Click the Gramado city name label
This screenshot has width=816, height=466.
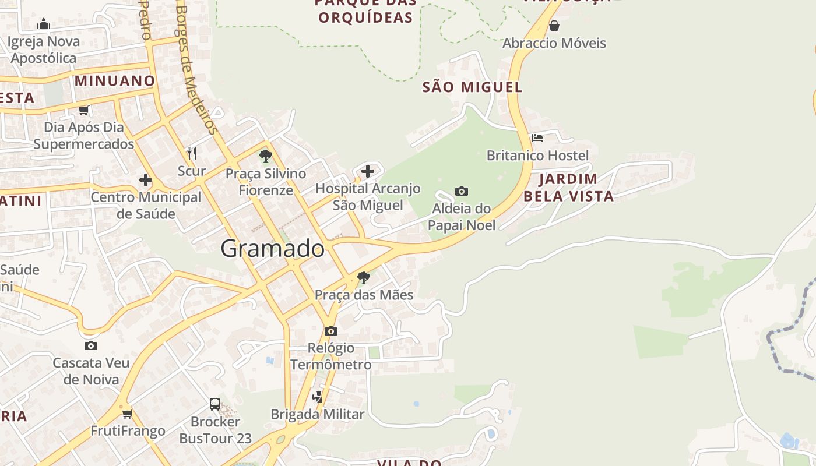coord(272,249)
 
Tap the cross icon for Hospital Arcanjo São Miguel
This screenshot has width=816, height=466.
coord(368,171)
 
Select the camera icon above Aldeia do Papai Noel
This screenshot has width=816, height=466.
coord(462,191)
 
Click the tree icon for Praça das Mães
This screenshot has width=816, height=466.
coord(364,278)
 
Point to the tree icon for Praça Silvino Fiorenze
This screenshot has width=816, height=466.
coord(266,156)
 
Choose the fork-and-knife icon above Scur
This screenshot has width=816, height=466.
coord(192,153)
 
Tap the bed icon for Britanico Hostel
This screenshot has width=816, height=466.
coord(537,138)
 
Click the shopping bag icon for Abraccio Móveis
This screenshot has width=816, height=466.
coord(554,26)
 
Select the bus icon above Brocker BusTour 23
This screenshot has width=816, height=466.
coord(215,404)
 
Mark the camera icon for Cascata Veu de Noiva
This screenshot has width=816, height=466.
coord(91,345)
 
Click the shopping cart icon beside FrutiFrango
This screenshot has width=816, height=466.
coord(128,414)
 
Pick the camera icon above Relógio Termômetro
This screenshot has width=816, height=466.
coord(331,331)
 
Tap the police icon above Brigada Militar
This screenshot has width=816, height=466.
coord(318,397)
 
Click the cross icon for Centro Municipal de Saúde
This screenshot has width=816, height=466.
coord(146,180)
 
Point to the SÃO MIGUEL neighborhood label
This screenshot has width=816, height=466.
coord(472,87)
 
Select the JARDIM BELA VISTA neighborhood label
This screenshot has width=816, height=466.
coord(568,188)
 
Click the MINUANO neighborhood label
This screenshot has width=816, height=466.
coord(115,81)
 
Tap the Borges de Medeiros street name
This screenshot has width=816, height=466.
coord(196,70)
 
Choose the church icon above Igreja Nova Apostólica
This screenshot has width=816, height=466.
coord(44,24)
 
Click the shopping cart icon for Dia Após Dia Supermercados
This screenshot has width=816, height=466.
coord(84,110)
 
